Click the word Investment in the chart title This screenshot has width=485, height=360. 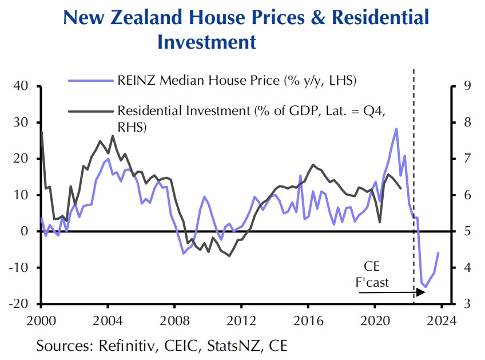206,42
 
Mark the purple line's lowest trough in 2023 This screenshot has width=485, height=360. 425,287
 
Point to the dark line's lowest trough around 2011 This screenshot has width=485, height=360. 229,256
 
